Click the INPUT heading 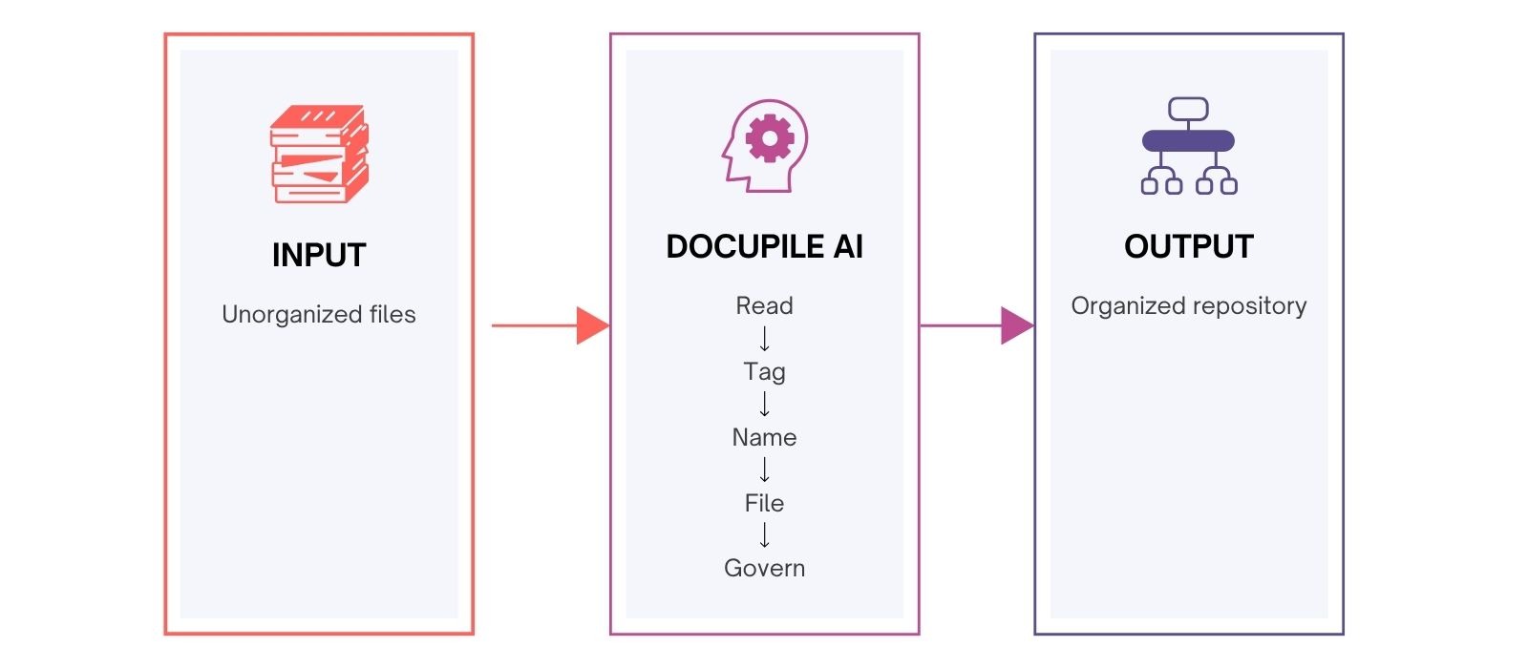coord(318,255)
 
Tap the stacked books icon coord(319,154)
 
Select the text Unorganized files coord(318,314)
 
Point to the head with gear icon coord(764,146)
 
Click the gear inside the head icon coord(770,139)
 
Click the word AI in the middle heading coord(848,246)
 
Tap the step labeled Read coord(764,305)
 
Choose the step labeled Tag coord(764,371)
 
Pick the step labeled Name coord(764,437)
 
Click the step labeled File coord(764,503)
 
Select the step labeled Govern coord(764,568)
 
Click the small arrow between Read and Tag coord(764,339)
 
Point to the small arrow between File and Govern coord(764,535)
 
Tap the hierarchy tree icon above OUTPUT coord(1188,146)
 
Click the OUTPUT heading coord(1188,246)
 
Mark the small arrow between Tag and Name coord(764,405)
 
